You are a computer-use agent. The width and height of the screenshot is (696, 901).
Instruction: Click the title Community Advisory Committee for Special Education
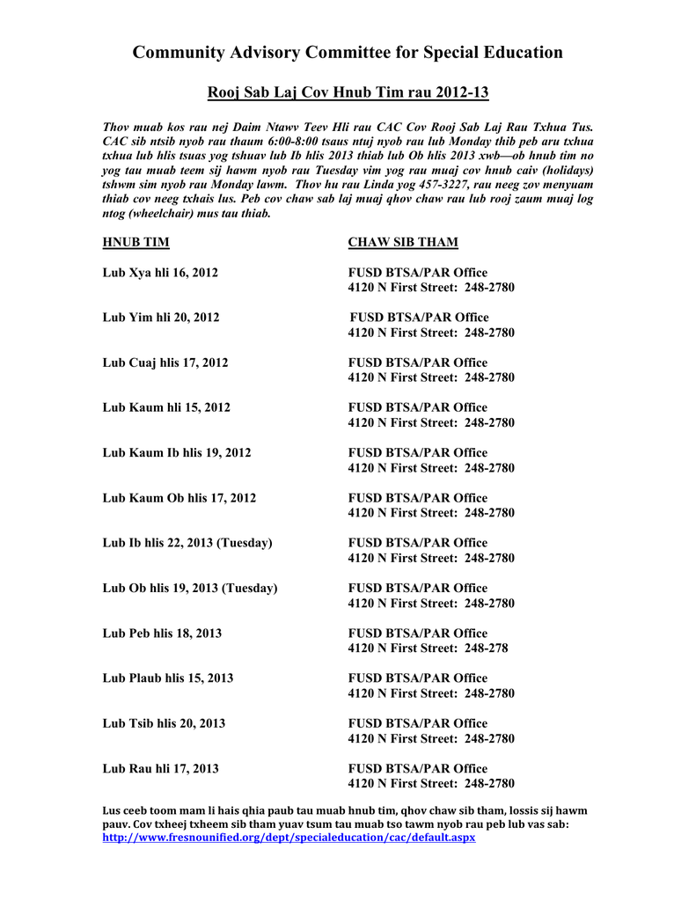(x=348, y=53)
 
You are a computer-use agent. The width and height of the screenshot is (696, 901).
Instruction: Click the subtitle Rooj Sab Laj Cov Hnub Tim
(x=348, y=92)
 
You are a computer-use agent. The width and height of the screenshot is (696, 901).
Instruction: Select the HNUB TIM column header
(x=136, y=243)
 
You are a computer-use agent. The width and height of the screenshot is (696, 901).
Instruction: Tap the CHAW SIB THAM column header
(x=403, y=243)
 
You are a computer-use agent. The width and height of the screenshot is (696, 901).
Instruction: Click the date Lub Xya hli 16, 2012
(x=160, y=273)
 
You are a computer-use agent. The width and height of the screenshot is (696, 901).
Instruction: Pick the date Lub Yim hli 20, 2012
(x=161, y=318)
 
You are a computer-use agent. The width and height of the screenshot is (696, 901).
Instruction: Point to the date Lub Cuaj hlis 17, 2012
(x=165, y=363)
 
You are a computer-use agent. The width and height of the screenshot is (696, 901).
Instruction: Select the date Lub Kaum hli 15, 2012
(x=166, y=407)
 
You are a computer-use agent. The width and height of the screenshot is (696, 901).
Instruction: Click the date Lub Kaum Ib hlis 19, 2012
(x=177, y=453)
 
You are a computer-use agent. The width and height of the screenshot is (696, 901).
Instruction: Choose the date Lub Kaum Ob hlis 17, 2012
(x=179, y=498)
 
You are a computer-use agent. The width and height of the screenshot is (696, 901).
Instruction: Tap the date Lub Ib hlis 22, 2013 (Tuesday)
(x=187, y=543)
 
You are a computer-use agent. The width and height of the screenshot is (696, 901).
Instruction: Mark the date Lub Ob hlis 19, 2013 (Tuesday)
(x=190, y=588)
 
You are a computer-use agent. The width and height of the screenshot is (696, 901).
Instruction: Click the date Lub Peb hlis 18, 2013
(x=162, y=634)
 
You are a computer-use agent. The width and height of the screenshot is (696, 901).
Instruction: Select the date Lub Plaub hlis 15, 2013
(x=167, y=678)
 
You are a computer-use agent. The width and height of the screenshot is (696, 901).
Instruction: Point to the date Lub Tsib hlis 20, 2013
(x=164, y=723)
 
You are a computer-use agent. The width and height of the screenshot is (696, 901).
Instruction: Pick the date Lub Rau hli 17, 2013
(x=160, y=769)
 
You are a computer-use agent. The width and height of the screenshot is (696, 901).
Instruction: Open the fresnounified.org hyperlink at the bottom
(x=289, y=838)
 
